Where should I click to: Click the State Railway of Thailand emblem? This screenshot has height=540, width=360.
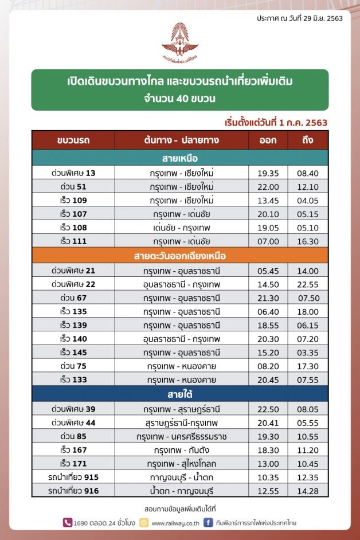(x=179, y=44)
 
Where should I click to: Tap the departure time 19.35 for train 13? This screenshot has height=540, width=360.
(x=269, y=173)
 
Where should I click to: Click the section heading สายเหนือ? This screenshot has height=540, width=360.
(x=180, y=158)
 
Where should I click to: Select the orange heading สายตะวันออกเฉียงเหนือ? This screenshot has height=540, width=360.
(x=180, y=255)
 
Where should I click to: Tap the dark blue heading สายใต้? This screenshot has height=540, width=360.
(x=180, y=394)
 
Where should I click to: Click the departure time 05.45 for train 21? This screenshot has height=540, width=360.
(x=269, y=270)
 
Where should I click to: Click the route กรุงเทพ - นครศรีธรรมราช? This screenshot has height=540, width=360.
(x=182, y=436)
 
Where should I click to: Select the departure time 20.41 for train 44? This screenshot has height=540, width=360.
(x=269, y=422)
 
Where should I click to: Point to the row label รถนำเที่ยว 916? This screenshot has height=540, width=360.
(x=74, y=491)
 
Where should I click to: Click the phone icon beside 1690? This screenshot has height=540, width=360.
(x=68, y=522)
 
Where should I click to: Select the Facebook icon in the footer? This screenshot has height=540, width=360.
(x=209, y=522)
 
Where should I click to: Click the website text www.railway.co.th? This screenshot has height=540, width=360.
(x=175, y=523)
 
